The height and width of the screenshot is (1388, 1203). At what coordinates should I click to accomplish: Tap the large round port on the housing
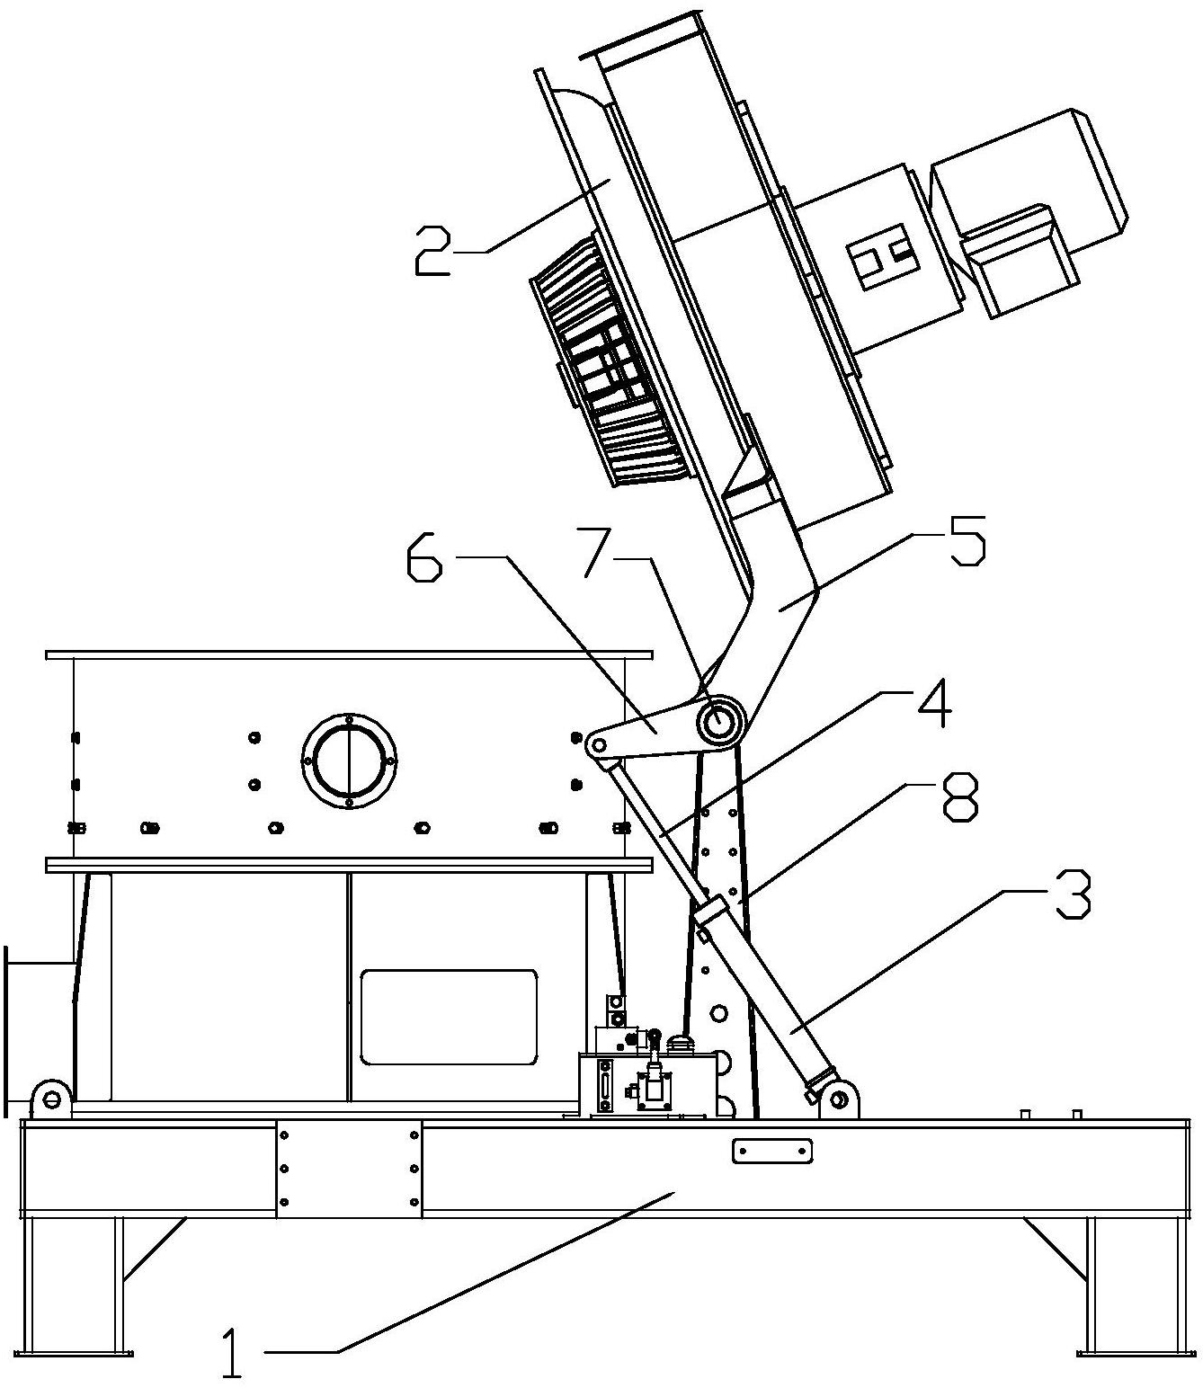(x=349, y=761)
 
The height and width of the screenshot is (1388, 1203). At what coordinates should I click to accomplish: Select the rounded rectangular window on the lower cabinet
(x=449, y=1017)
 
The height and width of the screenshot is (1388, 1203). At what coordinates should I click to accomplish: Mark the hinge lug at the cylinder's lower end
(x=838, y=1099)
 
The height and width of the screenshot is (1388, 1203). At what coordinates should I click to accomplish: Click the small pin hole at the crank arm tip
(x=597, y=744)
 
